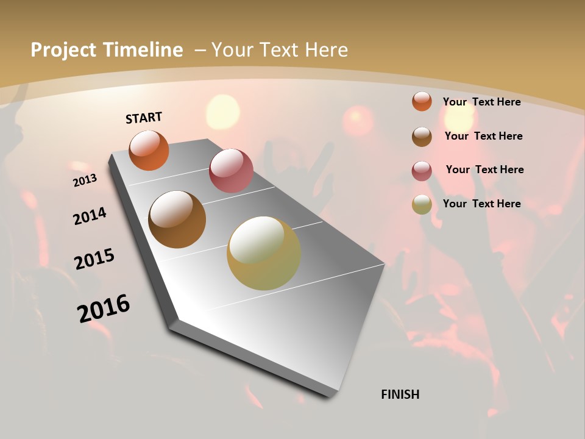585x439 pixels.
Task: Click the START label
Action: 144,118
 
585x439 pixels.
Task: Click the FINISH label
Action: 400,394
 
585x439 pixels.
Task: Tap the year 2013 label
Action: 85,180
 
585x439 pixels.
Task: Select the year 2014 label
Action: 90,216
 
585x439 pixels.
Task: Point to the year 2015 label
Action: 94,259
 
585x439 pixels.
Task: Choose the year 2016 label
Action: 104,309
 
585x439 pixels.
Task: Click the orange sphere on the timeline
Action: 149,150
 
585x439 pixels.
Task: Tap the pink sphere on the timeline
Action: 231,170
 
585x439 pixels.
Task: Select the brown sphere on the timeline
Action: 177,220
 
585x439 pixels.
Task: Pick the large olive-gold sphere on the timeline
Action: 264,253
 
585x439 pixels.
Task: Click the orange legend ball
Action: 422,101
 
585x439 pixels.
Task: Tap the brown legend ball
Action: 422,137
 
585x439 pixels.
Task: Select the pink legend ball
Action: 422,170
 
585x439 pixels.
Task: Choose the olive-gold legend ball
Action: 422,204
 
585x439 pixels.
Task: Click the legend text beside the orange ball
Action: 481,102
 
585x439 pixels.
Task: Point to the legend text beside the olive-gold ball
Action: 481,204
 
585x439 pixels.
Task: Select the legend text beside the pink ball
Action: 484,170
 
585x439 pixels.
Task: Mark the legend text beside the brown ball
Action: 483,136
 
